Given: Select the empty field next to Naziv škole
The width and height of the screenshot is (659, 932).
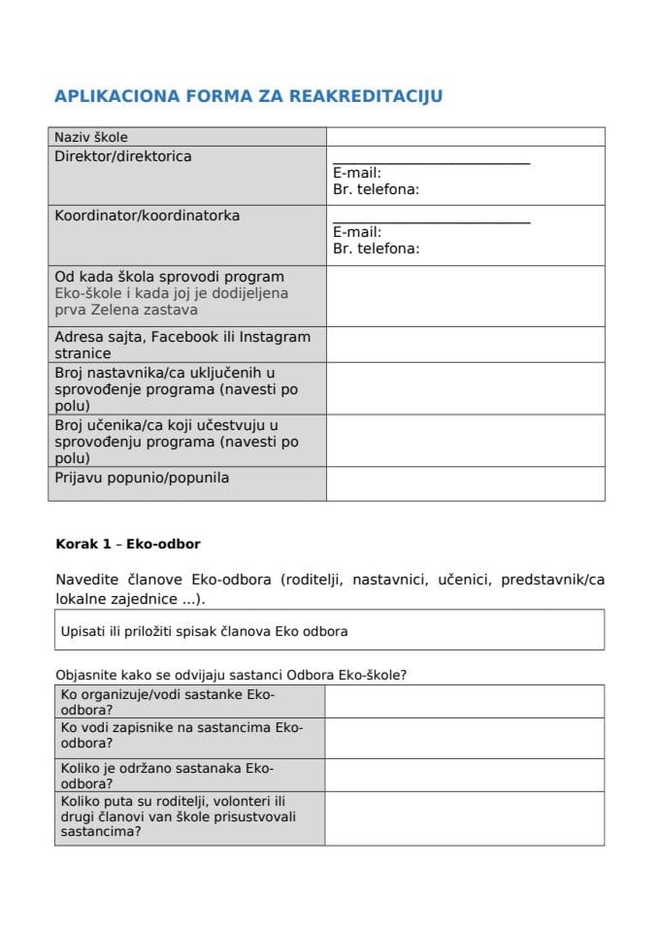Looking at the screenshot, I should (x=465, y=137).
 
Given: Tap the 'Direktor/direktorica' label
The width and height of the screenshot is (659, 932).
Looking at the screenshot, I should (x=123, y=156).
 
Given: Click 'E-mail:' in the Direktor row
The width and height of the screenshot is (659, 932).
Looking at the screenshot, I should (x=357, y=174).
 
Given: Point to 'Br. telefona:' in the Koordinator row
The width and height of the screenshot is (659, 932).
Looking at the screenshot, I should (x=377, y=249).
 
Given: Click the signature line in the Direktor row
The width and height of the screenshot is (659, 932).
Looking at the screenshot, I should (x=431, y=163).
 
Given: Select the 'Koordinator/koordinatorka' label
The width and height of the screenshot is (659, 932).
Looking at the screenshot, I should (x=148, y=216).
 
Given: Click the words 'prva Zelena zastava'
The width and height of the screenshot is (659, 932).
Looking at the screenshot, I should (x=126, y=310).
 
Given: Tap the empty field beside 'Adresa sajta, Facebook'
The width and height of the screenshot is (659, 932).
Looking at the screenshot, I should (x=465, y=345).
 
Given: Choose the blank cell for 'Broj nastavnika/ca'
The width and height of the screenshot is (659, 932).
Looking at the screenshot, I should (x=465, y=388).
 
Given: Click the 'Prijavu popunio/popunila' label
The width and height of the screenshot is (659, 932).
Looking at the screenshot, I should (x=142, y=478).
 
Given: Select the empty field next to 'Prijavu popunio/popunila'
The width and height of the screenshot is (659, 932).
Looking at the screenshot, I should (x=465, y=483).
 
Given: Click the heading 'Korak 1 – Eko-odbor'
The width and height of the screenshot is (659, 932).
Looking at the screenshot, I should (x=128, y=545).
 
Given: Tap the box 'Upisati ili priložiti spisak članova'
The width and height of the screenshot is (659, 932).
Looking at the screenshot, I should (x=329, y=631).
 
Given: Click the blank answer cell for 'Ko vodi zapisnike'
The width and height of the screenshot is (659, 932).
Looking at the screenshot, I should (x=464, y=738).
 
